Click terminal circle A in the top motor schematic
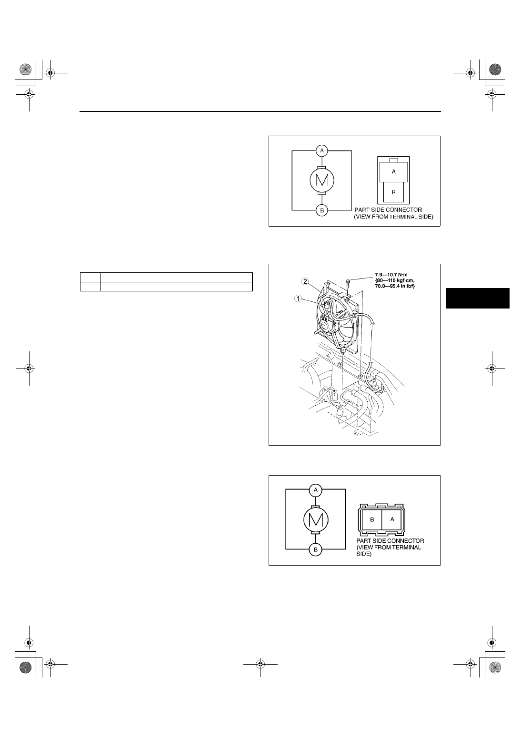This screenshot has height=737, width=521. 322,151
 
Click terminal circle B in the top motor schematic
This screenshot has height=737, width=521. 322,210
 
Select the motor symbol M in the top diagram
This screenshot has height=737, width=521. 322,180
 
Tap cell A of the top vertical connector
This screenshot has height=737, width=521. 394,172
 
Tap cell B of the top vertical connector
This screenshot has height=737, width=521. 394,192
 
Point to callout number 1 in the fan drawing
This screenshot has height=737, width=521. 298,299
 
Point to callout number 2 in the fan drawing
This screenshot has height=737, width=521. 306,281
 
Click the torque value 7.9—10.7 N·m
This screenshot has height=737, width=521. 391,275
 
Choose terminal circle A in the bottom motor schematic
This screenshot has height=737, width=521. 316,490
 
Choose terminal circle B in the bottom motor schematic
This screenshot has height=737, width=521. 316,549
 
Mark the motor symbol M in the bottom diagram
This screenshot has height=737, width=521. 316,520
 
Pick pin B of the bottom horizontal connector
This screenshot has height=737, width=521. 371,520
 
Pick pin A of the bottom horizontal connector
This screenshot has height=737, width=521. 391,520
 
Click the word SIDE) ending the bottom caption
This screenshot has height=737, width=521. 364,554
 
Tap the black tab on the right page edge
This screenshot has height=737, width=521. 478,298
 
